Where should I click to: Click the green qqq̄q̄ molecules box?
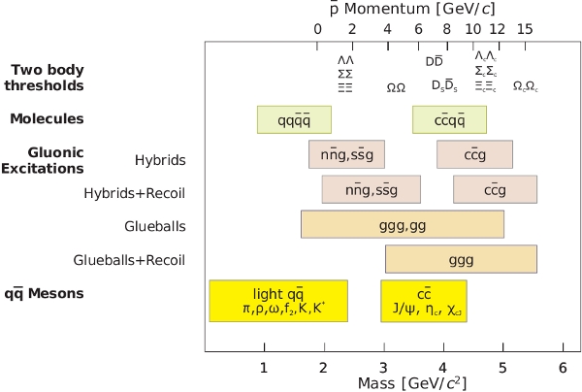pyautogui.click(x=294, y=119)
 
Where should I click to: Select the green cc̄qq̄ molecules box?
pyautogui.click(x=449, y=119)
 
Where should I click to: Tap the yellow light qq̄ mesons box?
pyautogui.click(x=278, y=301)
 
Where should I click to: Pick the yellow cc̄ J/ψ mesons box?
pyautogui.click(x=424, y=301)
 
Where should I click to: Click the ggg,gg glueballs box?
pyautogui.click(x=403, y=224)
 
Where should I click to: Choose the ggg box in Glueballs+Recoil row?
pyautogui.click(x=461, y=259)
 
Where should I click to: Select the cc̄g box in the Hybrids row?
pyautogui.click(x=474, y=155)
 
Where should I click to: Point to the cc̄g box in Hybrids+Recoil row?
pyautogui.click(x=495, y=189)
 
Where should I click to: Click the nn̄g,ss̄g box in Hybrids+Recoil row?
pyautogui.click(x=371, y=189)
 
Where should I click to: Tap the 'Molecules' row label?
pyautogui.click(x=47, y=119)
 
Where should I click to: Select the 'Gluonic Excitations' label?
pyautogui.click(x=48, y=160)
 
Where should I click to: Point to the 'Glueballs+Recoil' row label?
pyautogui.click(x=129, y=260)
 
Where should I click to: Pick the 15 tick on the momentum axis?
pyautogui.click(x=525, y=29)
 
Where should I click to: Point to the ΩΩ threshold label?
pyautogui.click(x=396, y=87)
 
